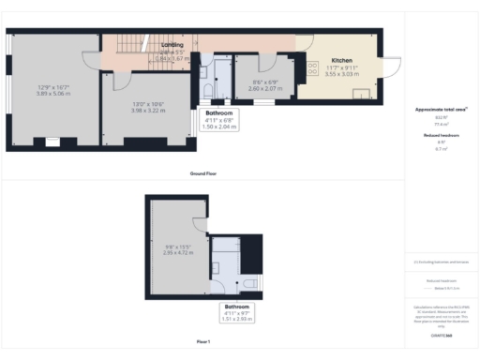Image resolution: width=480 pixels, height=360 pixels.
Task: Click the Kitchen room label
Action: click(341, 61)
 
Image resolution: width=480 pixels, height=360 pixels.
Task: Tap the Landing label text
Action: click(172, 45)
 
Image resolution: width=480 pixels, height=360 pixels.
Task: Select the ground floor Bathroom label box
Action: click(220, 119)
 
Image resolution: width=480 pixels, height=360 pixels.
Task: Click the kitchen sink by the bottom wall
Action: click(360, 94)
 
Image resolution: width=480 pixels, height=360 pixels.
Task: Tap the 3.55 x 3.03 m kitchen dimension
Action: click(341, 73)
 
